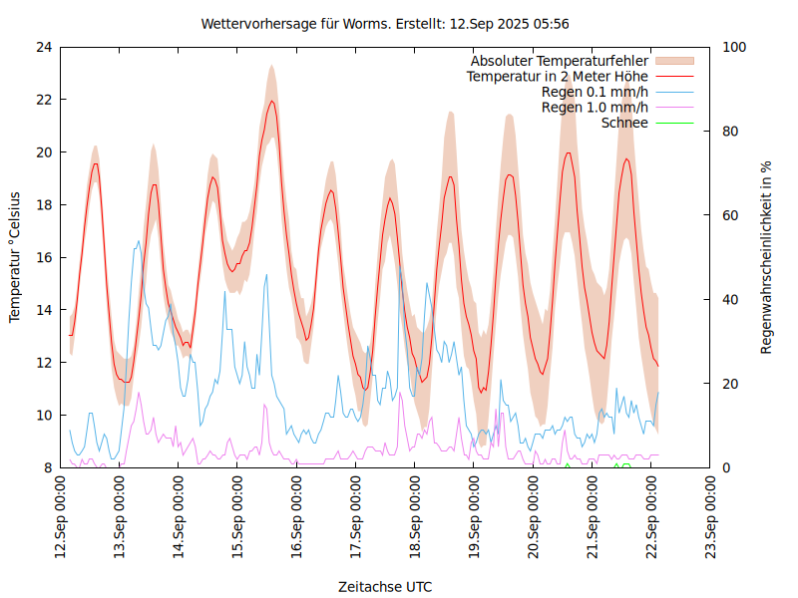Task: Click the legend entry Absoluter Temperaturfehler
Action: click(x=560, y=61)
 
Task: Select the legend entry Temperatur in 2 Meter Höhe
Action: click(x=558, y=76)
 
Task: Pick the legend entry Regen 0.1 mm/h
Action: click(x=595, y=92)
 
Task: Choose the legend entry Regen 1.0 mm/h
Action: click(x=595, y=107)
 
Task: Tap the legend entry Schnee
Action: click(x=625, y=123)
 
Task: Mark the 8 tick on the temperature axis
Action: click(x=47, y=467)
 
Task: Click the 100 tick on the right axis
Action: click(x=735, y=47)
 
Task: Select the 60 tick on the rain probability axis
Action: click(x=731, y=215)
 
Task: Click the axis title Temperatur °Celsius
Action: click(x=15, y=257)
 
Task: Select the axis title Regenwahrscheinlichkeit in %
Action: click(x=767, y=257)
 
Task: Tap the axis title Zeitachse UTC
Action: click(x=385, y=586)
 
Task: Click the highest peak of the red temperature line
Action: click(x=271, y=101)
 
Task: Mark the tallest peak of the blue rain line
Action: click(x=138, y=240)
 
